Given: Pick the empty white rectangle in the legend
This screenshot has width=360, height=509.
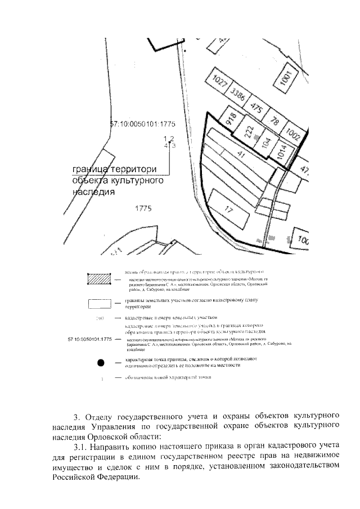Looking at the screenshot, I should pyautogui.click(x=98, y=304).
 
